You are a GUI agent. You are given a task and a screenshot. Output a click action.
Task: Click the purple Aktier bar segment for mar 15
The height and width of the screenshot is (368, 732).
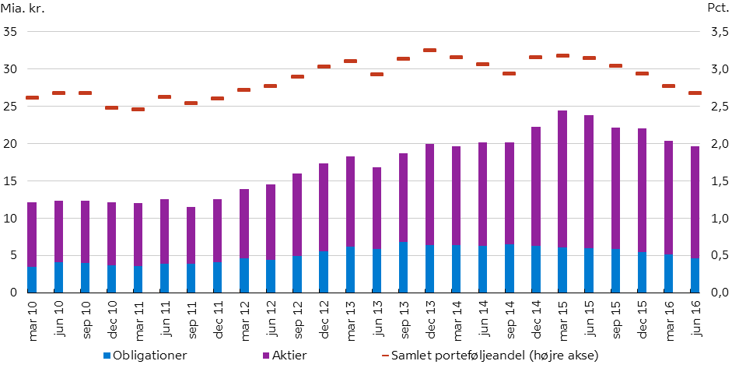pos(562,178)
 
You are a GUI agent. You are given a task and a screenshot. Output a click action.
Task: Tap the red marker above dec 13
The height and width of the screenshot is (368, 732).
pos(430,50)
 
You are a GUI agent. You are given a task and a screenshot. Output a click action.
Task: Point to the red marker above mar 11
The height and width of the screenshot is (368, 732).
pos(138,109)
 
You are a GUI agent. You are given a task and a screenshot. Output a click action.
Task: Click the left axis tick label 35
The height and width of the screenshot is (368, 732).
pos(11,33)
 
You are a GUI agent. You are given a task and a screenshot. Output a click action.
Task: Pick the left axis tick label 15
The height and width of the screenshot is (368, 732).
pos(11,181)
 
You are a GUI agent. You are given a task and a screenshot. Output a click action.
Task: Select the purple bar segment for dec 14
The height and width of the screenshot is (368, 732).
pos(536,186)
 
